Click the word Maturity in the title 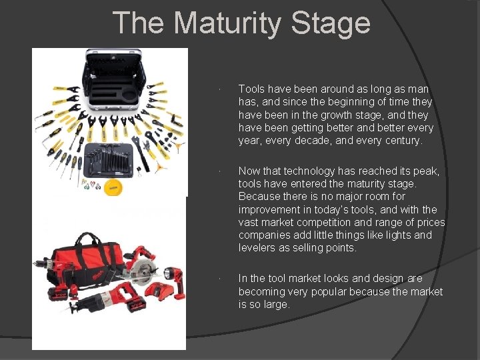click(224, 23)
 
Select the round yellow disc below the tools click(115, 187)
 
